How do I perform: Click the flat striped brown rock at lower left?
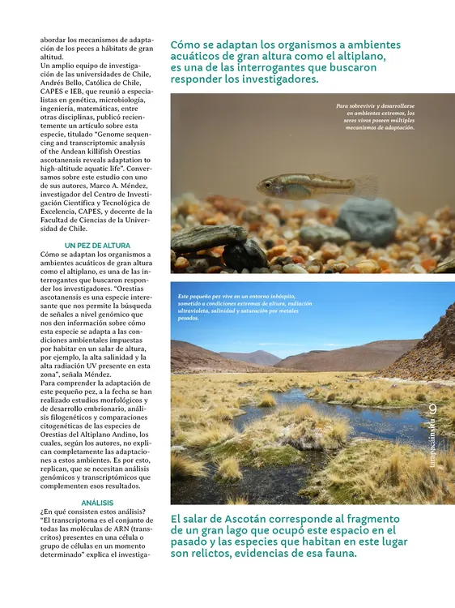[209, 238]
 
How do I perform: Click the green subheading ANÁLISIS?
[97, 503]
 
